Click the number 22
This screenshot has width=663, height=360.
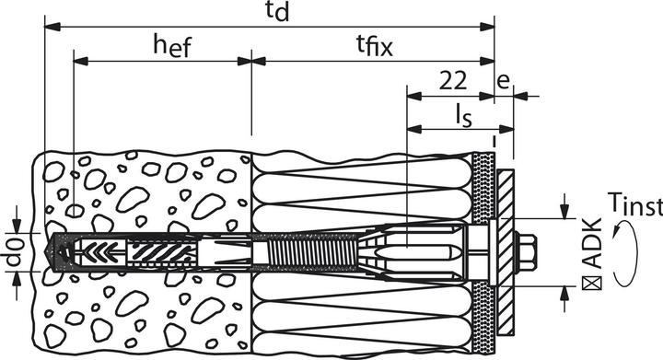tap(451, 80)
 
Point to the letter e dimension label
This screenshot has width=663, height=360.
tap(503, 80)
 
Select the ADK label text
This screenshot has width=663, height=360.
tap(592, 243)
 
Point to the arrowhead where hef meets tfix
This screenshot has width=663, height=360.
tap(250, 62)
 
